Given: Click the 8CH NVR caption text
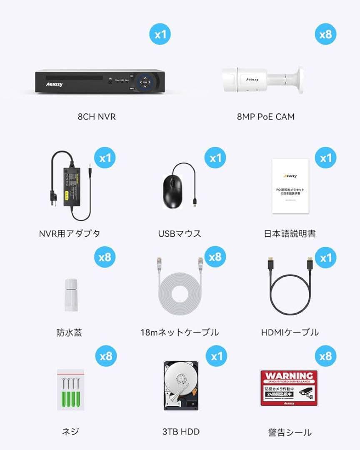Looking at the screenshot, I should tap(96, 117).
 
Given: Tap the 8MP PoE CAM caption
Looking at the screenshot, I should tap(265, 117).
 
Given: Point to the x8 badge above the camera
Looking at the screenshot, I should tap(325, 34).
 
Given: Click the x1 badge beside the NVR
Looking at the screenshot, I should tap(160, 34).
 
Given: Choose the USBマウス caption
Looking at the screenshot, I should tap(180, 233).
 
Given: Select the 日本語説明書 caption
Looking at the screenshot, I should tap(290, 233).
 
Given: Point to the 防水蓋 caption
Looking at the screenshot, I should tap(69, 332).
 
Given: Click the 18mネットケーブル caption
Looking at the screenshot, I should tap(180, 332).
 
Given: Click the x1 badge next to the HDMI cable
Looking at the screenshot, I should tap(325, 258).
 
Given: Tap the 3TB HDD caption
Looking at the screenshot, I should tap(181, 432).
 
